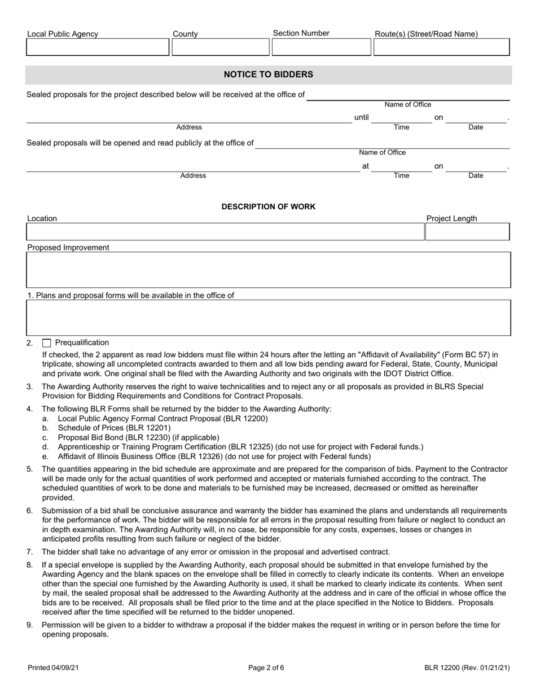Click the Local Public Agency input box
pos(98,47)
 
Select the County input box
pos(221,47)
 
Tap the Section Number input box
pos(321,47)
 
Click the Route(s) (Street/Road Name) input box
pos(441,47)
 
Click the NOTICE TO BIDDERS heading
pos(268,74)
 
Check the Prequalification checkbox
pos(47,343)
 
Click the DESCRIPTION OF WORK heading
pos(268,207)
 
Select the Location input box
pos(225,232)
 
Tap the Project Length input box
pos(467,232)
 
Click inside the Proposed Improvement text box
pos(268,270)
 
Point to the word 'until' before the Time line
pos(361,118)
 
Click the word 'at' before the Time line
pos(365,166)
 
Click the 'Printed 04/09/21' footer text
pos(53,668)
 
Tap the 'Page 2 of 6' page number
pos(266,668)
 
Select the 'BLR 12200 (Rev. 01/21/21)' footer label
pos(467,668)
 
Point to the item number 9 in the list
pos(29,625)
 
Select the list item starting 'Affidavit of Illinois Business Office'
pos(214,456)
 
